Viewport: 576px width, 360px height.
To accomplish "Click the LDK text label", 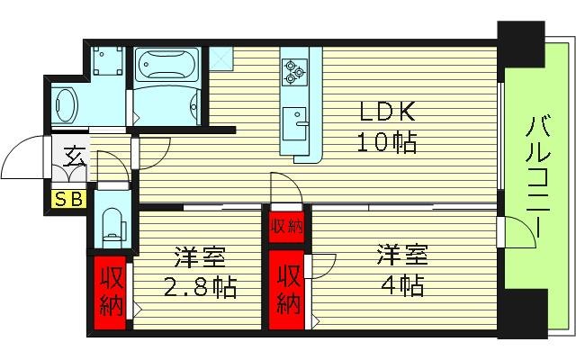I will point(387,112).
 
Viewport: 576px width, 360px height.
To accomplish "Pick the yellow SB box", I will point(69,199).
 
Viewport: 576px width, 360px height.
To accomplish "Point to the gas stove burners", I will point(295,71).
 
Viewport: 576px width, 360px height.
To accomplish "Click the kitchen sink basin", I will point(295,120).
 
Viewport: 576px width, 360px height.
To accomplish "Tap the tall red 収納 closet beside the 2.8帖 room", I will point(112,291).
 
